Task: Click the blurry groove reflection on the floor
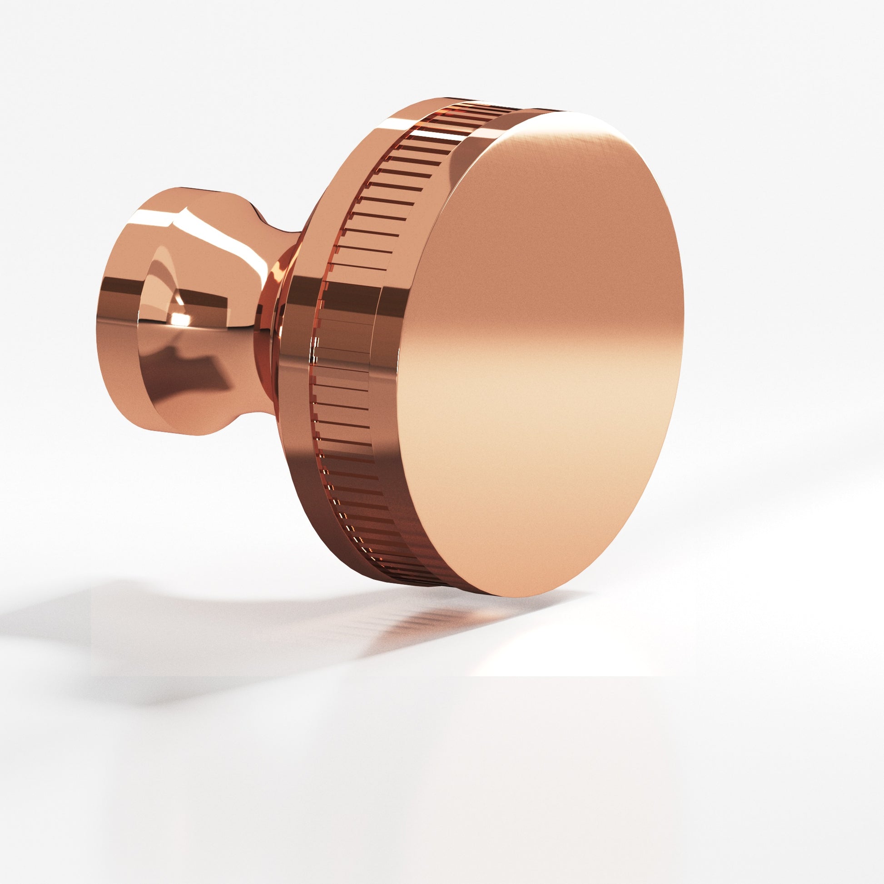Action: (412, 622)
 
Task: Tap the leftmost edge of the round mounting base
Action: (97, 320)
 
